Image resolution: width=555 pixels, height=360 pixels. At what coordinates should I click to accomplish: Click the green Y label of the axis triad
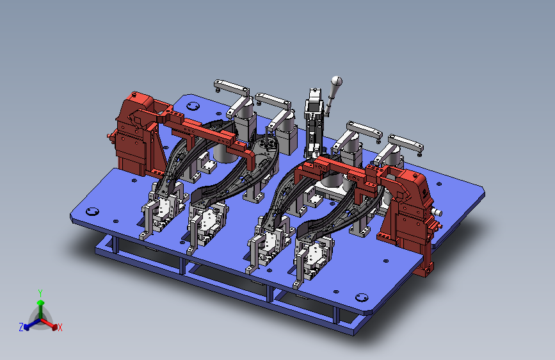coord(40,293)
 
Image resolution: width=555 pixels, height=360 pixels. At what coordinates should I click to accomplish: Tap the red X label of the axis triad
coord(60,327)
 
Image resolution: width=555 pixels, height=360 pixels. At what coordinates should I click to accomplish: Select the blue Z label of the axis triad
coord(21,327)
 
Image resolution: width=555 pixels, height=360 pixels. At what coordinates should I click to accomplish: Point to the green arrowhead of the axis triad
coord(41,303)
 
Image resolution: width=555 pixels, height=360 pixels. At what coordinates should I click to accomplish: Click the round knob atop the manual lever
coord(337,81)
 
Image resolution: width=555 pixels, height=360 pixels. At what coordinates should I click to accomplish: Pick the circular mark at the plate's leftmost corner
coord(92,211)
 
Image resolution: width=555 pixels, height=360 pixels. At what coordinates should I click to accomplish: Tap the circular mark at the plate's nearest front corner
coord(362,297)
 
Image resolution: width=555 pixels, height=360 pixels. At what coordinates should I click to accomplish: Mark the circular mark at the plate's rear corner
coord(193,106)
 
